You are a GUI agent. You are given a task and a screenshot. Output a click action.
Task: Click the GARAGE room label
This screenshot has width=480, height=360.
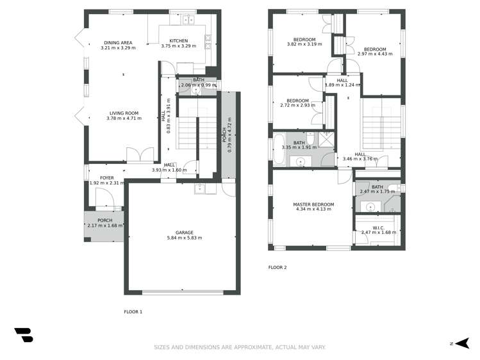185,233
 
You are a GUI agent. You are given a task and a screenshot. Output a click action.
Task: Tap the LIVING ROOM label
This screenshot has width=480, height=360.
124,113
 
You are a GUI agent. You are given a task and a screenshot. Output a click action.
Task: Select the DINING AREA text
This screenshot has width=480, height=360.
118,43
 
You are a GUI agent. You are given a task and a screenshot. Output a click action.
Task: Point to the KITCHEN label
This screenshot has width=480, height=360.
179,41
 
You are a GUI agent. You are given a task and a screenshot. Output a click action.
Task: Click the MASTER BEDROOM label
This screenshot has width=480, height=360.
313,204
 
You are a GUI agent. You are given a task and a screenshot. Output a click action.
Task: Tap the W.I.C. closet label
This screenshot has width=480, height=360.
378,227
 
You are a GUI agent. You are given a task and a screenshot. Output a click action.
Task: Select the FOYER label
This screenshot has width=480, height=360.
107,177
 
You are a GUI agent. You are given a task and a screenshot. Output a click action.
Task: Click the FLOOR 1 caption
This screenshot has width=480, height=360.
133,312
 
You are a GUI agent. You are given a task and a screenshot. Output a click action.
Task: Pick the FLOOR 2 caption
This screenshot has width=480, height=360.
277,267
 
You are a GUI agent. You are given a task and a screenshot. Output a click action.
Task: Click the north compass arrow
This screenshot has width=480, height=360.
463,343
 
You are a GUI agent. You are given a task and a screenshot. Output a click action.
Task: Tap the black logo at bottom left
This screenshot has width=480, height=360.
24,335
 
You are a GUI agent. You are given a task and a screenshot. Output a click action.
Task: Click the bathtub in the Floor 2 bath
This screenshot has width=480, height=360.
279,149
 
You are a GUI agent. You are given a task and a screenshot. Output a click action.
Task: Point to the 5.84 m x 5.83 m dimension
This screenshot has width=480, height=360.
185,238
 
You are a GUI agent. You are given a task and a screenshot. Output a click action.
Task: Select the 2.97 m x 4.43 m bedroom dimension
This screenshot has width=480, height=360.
375,54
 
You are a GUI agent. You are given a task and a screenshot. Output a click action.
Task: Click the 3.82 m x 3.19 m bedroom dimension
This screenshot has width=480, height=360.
304,44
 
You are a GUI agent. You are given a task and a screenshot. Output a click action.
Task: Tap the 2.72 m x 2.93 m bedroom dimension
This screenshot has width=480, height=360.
297,105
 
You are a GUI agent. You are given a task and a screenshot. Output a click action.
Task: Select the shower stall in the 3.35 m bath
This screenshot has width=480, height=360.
326,139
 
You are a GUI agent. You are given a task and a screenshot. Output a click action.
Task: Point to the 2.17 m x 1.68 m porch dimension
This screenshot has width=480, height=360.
104,225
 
